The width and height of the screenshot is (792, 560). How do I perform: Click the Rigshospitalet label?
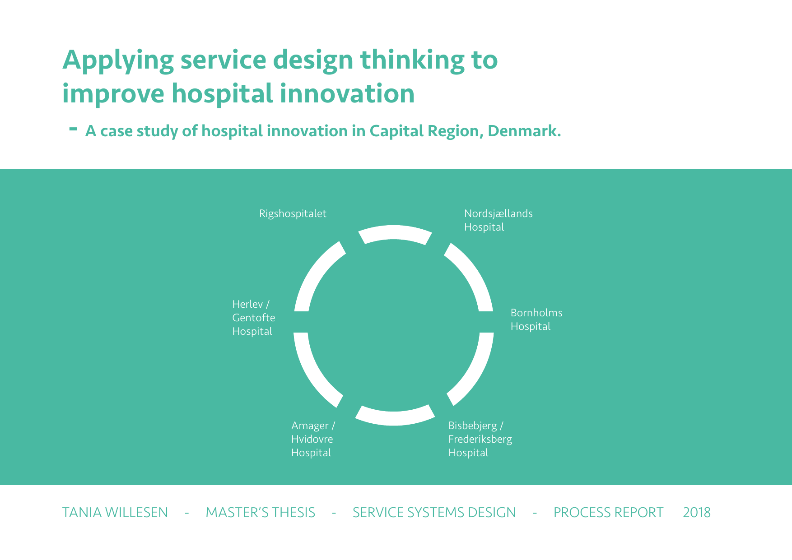293,214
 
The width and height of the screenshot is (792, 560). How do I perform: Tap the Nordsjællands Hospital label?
498,220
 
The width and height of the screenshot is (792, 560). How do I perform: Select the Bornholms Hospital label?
536,319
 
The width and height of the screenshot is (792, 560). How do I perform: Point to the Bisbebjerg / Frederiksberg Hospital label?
480,439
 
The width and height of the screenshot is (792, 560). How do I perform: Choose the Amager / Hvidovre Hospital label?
313,439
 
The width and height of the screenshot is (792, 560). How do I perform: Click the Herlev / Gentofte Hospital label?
254,318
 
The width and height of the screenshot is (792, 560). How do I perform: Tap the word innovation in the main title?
347,93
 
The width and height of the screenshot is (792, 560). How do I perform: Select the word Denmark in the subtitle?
524,131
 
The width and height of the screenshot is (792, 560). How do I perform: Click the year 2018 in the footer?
697,513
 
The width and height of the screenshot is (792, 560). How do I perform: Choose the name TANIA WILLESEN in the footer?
115,513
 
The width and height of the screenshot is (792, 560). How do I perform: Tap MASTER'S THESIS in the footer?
261,513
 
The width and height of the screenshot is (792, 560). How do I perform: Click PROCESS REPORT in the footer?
609,513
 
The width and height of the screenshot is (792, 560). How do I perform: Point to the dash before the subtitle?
73,129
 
